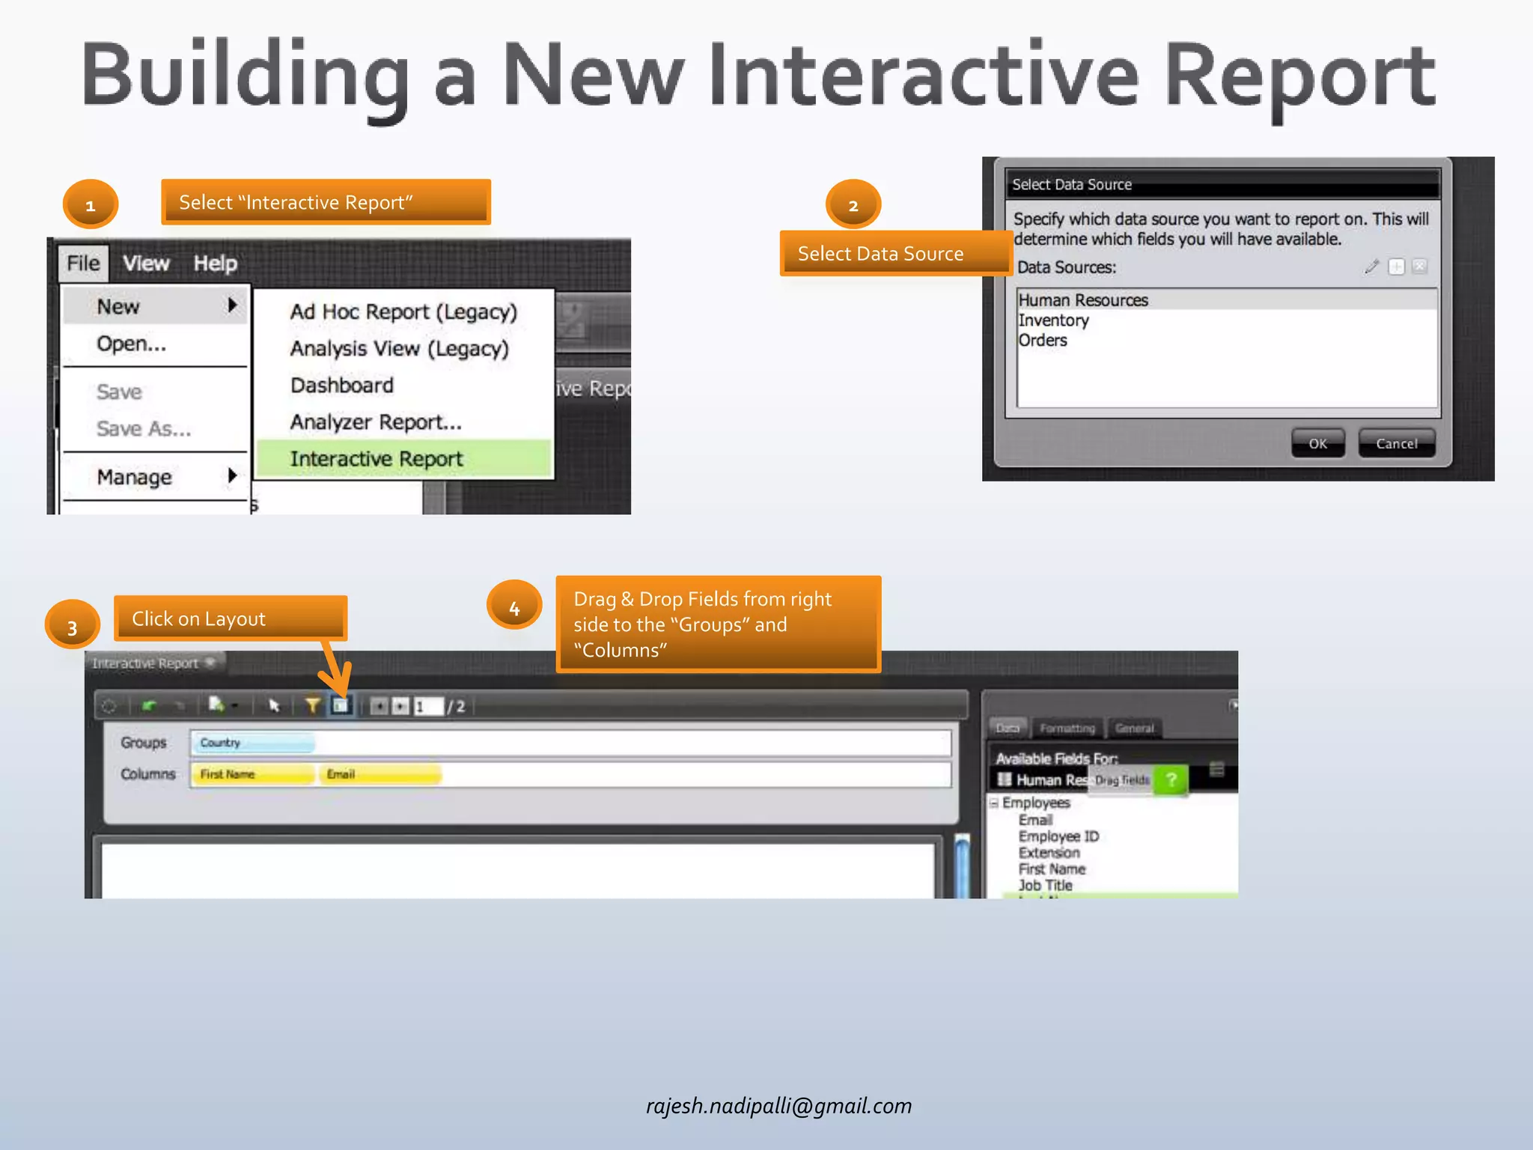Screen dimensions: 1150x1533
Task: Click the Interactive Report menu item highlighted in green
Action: coord(377,459)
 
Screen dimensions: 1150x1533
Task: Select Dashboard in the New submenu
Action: coord(342,386)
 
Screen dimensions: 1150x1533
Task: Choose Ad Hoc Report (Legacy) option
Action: coord(403,311)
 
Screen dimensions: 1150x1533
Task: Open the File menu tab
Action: coord(83,264)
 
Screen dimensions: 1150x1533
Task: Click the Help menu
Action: coord(216,264)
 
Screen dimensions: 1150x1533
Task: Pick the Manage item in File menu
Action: coord(135,477)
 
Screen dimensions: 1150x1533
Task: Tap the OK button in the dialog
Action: coord(1317,443)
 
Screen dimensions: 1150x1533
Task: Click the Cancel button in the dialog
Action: coord(1397,443)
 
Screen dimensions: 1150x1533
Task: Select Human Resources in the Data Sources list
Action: coord(1083,300)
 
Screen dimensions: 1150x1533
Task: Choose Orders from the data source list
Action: coord(1043,341)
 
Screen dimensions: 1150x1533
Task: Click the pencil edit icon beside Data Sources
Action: coord(1371,267)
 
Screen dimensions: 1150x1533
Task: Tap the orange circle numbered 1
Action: coord(90,204)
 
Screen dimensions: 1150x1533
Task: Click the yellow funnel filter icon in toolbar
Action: coord(312,705)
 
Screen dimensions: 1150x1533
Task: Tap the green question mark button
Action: coord(1171,779)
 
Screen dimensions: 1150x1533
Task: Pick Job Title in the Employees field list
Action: coord(1046,885)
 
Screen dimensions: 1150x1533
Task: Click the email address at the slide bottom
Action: coord(778,1106)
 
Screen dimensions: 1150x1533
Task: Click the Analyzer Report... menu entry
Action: coord(376,422)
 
